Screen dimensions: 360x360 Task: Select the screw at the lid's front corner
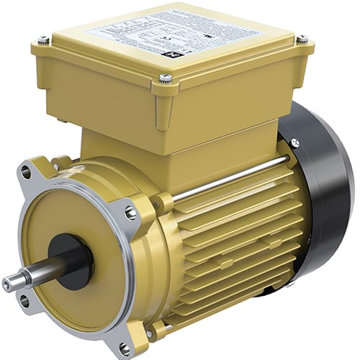[x=166, y=77]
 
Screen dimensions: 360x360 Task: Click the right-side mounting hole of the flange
[x=131, y=213]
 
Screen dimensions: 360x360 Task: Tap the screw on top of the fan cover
[x=295, y=143]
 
